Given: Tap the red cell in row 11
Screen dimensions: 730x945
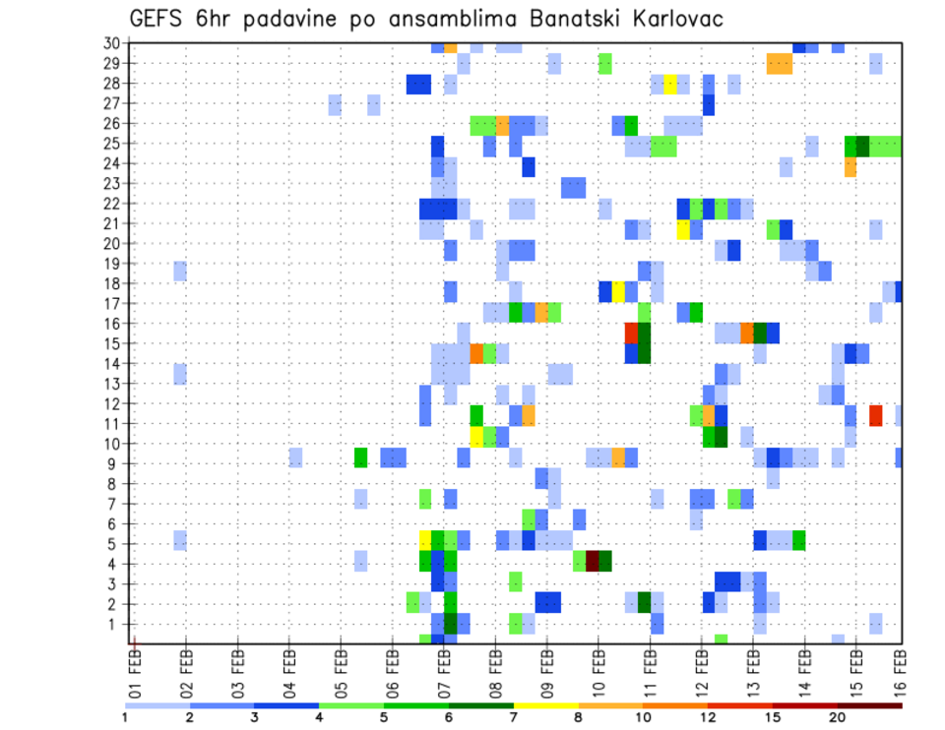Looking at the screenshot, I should (875, 414).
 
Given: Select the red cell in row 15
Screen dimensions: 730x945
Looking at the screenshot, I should (631, 333).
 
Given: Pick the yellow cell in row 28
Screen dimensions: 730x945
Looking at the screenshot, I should (669, 84).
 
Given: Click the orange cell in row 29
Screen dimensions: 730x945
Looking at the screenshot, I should (779, 64).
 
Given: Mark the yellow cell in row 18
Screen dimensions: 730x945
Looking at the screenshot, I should (618, 292).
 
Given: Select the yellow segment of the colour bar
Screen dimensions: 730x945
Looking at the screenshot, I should (545, 705).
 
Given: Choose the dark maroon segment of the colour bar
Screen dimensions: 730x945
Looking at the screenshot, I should (869, 705).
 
